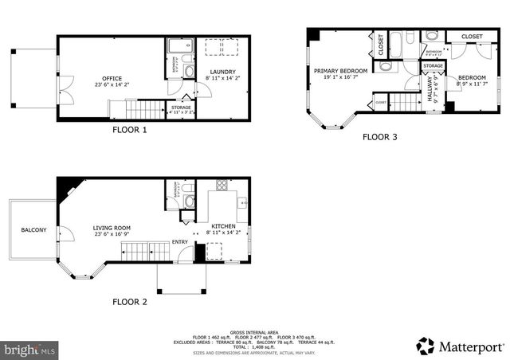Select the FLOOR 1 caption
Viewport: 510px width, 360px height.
coord(128,131)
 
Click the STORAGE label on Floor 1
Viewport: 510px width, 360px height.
coord(181,107)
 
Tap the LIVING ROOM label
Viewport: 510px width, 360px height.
coord(112,229)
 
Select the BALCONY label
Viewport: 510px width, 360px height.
coord(33,230)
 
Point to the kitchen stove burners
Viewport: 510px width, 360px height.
coord(221,188)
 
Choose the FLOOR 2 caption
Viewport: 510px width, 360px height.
coord(129,302)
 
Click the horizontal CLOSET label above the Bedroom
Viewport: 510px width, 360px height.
coord(472,37)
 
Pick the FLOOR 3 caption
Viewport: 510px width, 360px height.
coord(380,137)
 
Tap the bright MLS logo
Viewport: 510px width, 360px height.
coord(30,350)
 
